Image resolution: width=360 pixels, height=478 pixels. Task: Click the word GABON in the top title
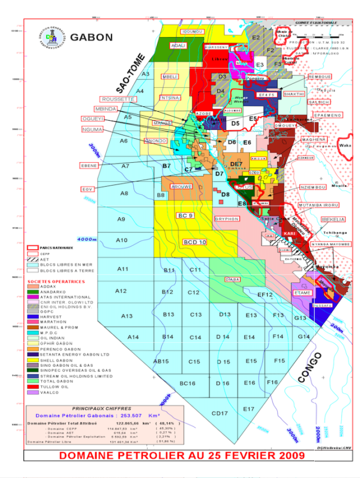[x=91, y=37]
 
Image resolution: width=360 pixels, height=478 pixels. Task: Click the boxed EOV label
[x=89, y=190]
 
